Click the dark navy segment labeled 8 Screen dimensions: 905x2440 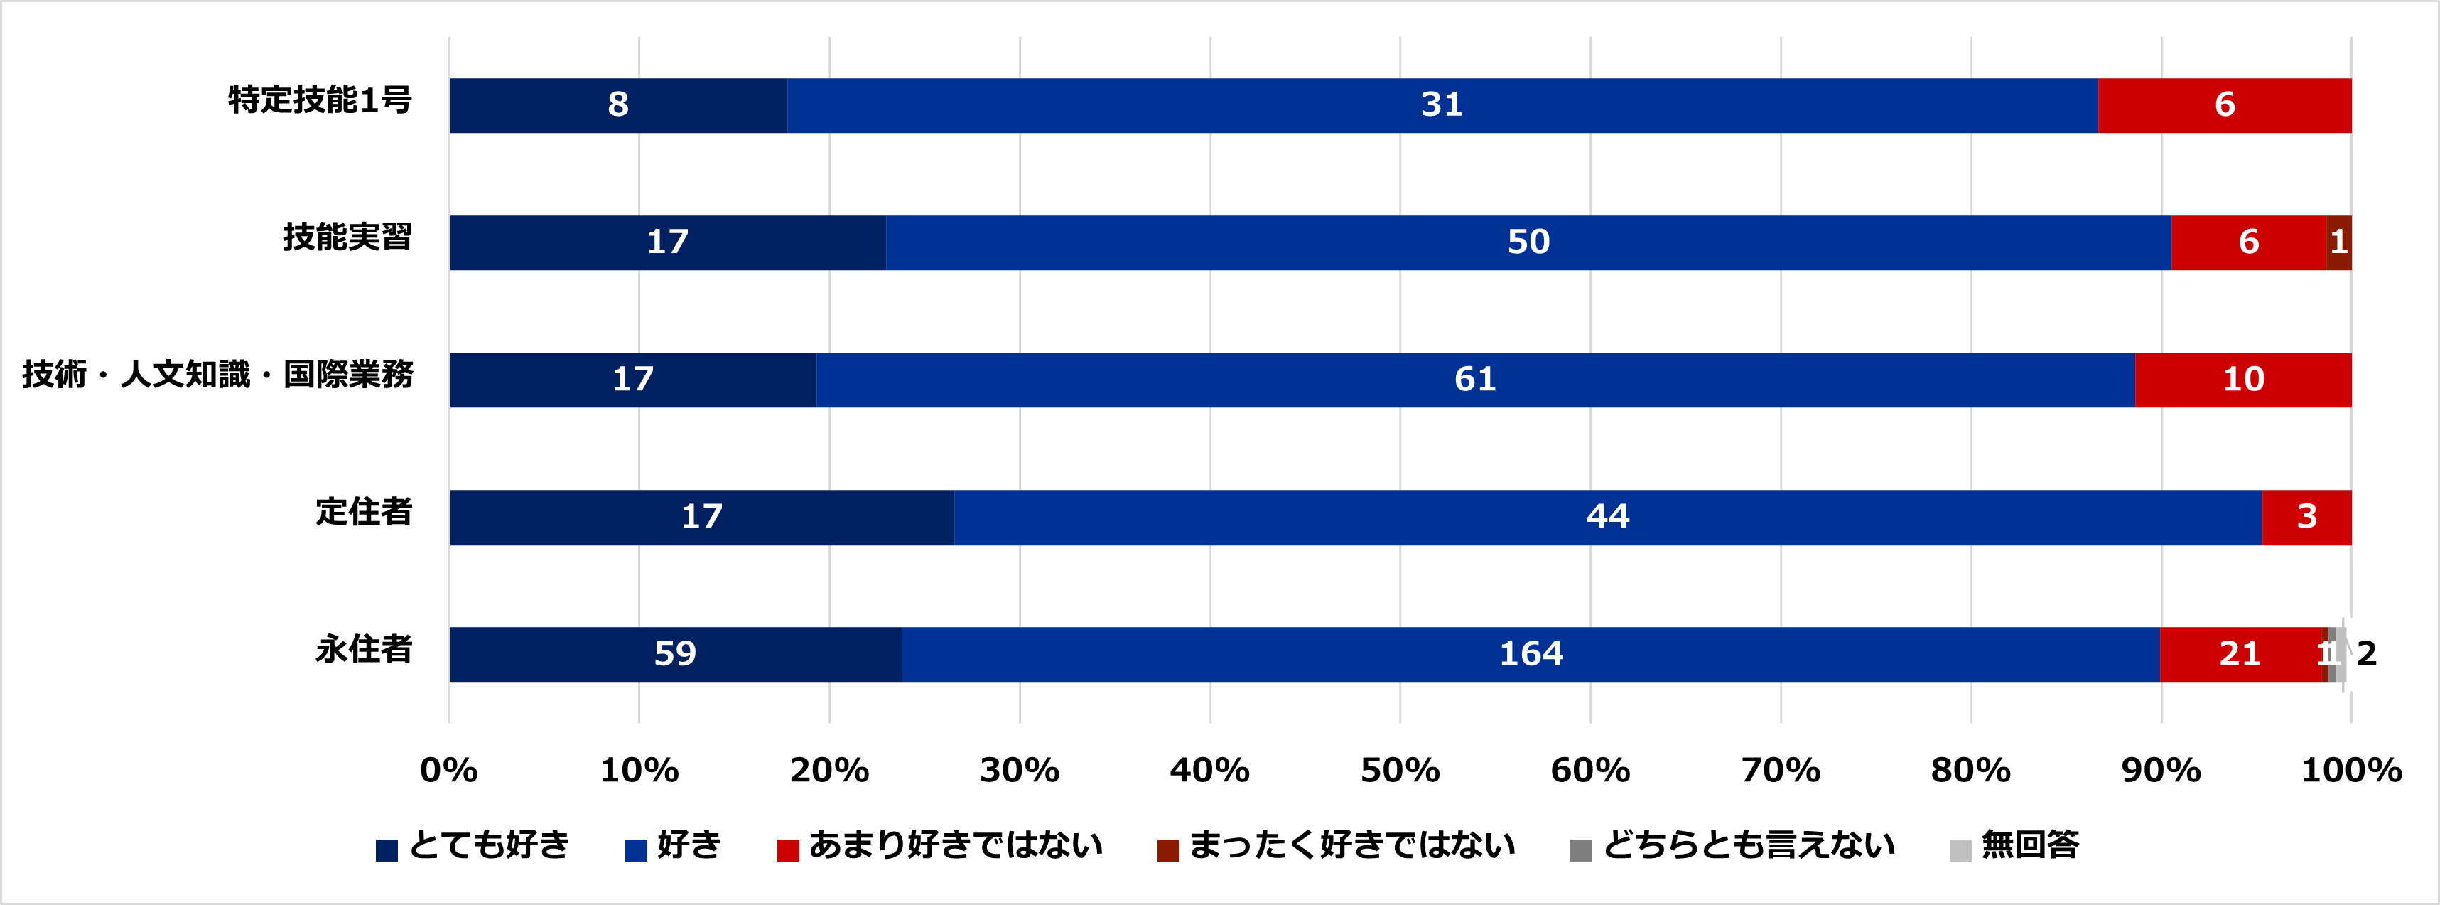[617, 105]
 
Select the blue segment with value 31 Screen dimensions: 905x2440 [1442, 105]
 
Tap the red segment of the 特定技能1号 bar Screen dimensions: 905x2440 [2224, 105]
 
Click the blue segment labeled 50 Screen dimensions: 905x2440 [1528, 242]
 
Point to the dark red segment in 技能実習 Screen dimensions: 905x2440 [2338, 242]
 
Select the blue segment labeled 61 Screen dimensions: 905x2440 [1475, 380]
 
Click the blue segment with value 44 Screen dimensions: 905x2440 [1607, 518]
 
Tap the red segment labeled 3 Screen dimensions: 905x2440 [2306, 518]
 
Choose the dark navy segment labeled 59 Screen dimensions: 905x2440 [674, 655]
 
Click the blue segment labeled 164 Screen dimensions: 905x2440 [1530, 655]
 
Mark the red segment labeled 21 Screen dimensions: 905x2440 [2239, 655]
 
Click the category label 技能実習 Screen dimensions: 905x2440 [347, 237]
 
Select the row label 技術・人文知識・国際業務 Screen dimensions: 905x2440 [218, 375]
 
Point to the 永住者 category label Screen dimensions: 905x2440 [364, 650]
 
